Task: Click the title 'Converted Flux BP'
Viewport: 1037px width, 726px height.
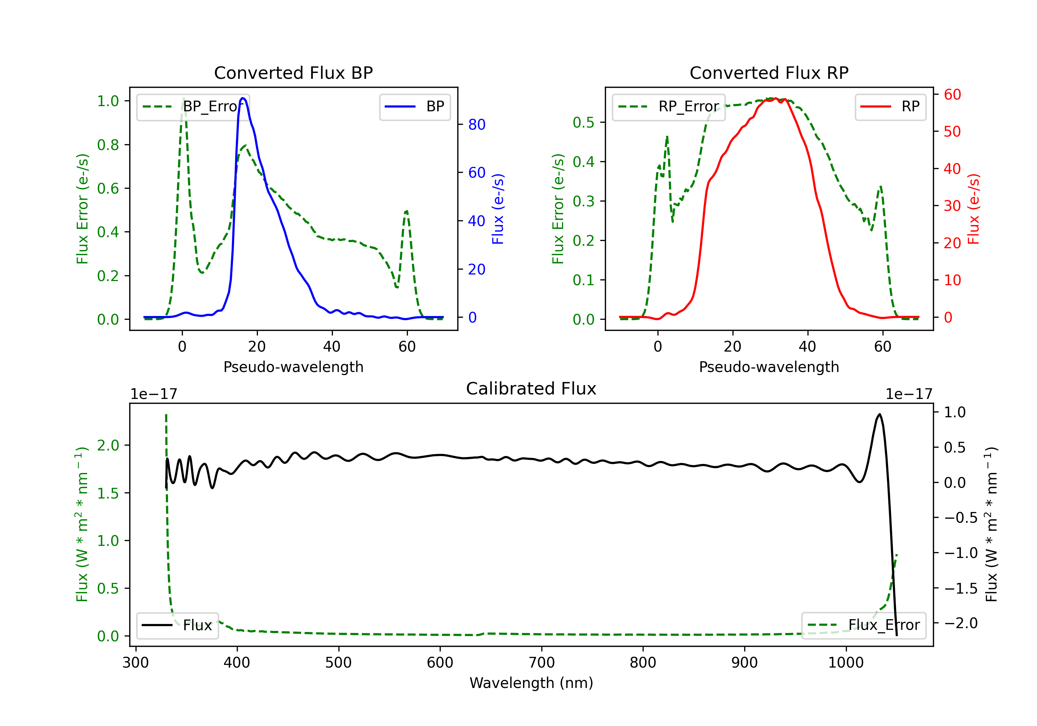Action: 293,73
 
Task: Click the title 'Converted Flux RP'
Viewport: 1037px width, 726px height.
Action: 769,73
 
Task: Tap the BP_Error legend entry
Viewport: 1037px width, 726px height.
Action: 193,106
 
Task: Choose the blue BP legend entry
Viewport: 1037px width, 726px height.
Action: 414,106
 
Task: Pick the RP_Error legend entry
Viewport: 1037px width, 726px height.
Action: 669,106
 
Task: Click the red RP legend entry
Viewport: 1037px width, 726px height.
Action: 890,106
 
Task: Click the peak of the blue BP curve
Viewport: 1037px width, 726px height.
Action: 243,98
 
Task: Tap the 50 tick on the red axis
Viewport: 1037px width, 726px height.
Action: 952,131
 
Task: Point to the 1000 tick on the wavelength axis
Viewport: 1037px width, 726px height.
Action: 846,662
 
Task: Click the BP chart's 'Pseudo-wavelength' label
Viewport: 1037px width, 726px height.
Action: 293,367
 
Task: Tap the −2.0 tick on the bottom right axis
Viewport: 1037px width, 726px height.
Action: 961,623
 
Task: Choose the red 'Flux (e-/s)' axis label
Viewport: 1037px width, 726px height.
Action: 974,209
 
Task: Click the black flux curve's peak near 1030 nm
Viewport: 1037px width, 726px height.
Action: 879,414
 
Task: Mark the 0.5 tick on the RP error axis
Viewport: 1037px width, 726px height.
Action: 583,122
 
